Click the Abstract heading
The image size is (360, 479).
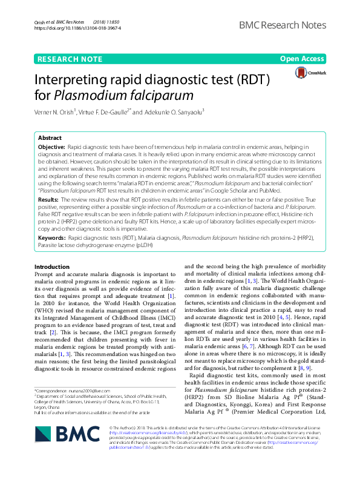[x=50, y=138]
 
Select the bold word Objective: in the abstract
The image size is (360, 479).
[x=52, y=147]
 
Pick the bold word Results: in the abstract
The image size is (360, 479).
[x=48, y=199]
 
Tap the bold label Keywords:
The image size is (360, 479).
[x=52, y=239]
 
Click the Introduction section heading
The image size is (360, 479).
[x=52, y=267]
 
